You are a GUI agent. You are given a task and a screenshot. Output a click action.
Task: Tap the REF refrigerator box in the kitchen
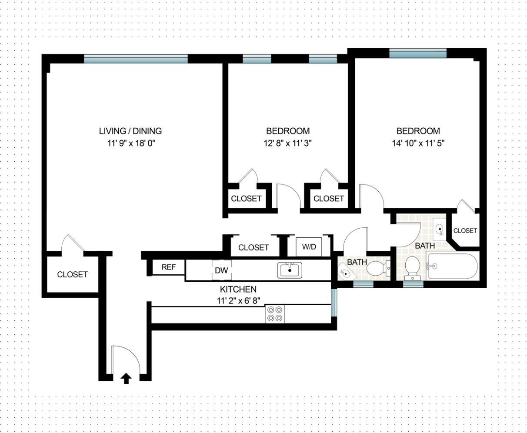click(x=168, y=267)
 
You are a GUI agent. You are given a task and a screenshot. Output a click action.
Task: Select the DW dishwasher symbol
click(x=221, y=270)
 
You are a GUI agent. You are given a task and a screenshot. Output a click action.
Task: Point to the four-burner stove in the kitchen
click(x=275, y=314)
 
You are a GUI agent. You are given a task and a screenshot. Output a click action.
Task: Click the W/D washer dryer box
click(x=309, y=247)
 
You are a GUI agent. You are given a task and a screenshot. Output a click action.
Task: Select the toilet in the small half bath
click(x=377, y=268)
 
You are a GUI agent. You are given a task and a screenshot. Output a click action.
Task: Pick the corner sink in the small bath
click(x=346, y=273)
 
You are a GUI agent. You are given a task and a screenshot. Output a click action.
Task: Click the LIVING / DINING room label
click(x=130, y=131)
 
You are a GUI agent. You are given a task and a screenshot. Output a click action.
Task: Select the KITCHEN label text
click(x=238, y=289)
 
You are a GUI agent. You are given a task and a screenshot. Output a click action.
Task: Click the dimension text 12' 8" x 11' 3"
click(x=288, y=142)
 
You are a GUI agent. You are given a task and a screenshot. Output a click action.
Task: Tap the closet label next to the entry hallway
click(x=72, y=274)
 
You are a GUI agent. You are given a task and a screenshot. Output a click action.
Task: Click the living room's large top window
click(x=136, y=59)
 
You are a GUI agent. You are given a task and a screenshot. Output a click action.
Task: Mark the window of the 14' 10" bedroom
click(x=417, y=54)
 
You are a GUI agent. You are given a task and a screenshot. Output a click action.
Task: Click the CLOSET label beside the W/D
click(x=253, y=247)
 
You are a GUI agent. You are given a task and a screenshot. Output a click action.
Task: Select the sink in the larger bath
click(x=440, y=227)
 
